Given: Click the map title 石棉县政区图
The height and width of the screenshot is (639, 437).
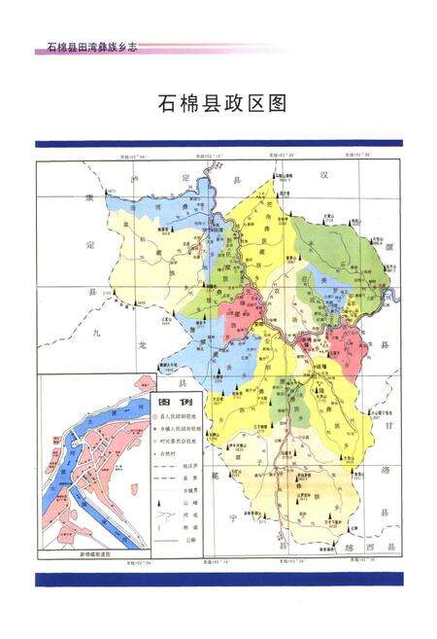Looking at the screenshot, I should [x=219, y=104].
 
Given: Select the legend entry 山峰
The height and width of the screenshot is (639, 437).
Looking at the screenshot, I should [x=188, y=504].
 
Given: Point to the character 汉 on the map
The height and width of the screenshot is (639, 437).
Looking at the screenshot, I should [x=314, y=173].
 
